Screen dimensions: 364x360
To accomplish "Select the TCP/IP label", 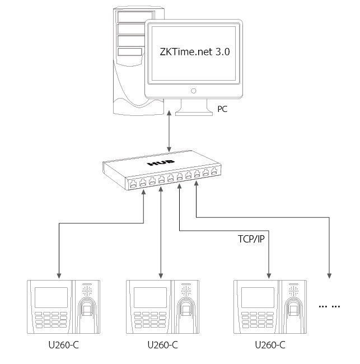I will [251, 239].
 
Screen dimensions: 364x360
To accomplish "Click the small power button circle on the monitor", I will [194, 90].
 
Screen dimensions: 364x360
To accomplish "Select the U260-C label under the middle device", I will [162, 345].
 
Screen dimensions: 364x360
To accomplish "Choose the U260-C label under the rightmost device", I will [270, 345].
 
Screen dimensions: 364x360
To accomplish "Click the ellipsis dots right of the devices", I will [329, 306].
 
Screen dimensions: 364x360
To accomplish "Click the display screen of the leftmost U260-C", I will [51, 297].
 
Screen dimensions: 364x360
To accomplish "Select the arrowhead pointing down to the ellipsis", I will [329, 275].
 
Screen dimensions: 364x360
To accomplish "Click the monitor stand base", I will [194, 112].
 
